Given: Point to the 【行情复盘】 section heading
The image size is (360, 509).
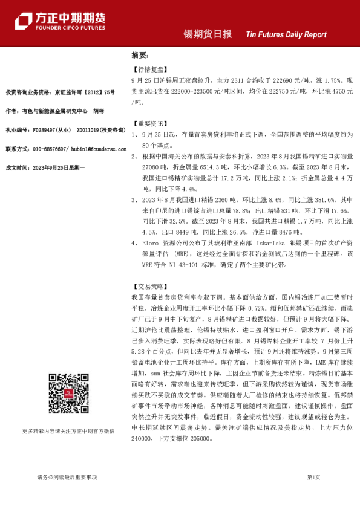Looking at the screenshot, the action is click(x=146, y=70).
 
